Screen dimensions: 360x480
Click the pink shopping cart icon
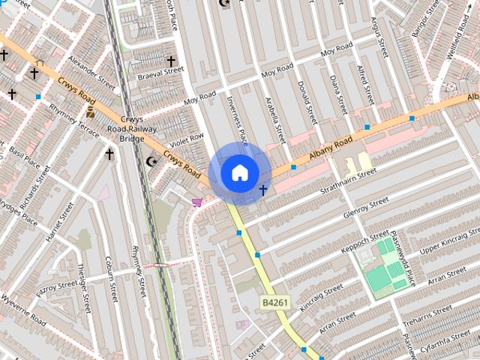197,202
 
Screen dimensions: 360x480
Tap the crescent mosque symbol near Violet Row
152,161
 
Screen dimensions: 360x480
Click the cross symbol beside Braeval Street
171,61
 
